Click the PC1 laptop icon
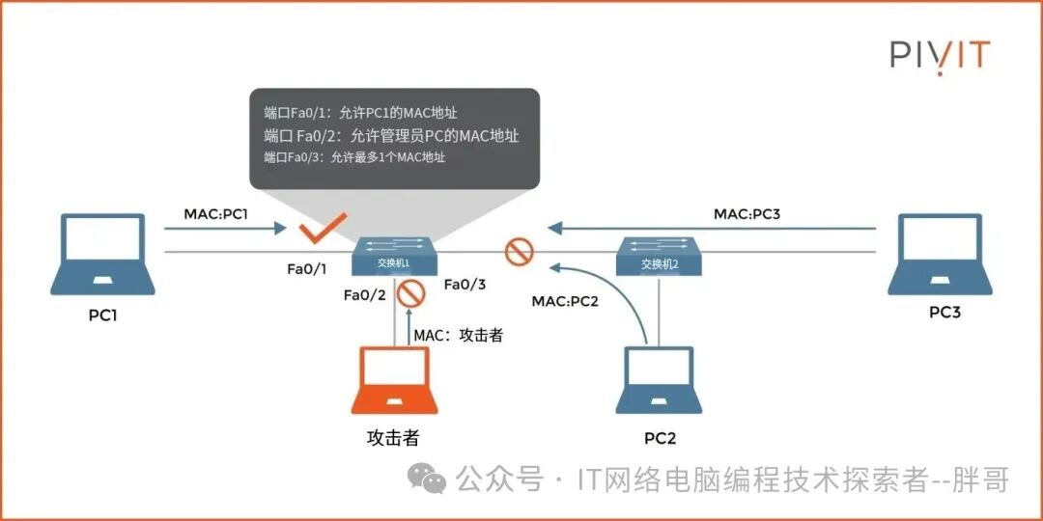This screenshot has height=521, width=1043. (x=102, y=254)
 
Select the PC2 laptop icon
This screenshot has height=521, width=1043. (x=660, y=380)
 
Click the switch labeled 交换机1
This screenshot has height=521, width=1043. (x=394, y=255)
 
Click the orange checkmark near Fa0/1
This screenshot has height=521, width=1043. (x=321, y=231)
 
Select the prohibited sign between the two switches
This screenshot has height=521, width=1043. (x=520, y=252)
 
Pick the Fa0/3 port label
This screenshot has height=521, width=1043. (x=465, y=285)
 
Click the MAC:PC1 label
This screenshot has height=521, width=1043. (x=215, y=212)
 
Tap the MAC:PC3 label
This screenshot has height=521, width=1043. (x=747, y=212)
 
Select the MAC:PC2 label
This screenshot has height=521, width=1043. (x=565, y=302)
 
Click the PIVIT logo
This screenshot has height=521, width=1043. (x=940, y=54)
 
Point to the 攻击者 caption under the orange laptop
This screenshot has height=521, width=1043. (x=393, y=438)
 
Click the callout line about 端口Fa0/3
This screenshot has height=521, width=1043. (x=353, y=157)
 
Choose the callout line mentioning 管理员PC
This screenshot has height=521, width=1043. (x=391, y=136)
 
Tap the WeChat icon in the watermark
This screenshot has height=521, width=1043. (x=426, y=479)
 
